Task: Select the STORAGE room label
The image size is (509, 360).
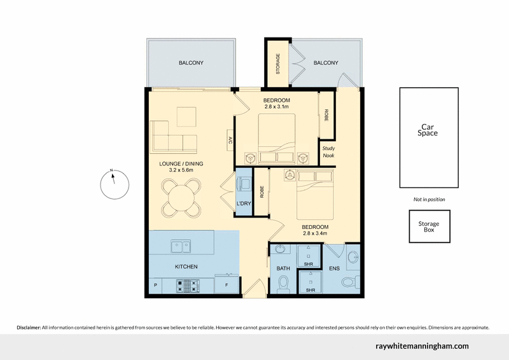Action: tap(277, 63)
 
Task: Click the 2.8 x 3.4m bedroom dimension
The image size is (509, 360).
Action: tap(314, 233)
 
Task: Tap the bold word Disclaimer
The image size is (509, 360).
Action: tap(29, 328)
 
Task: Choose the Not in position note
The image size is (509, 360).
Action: tap(429, 200)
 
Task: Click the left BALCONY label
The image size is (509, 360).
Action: tap(191, 63)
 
